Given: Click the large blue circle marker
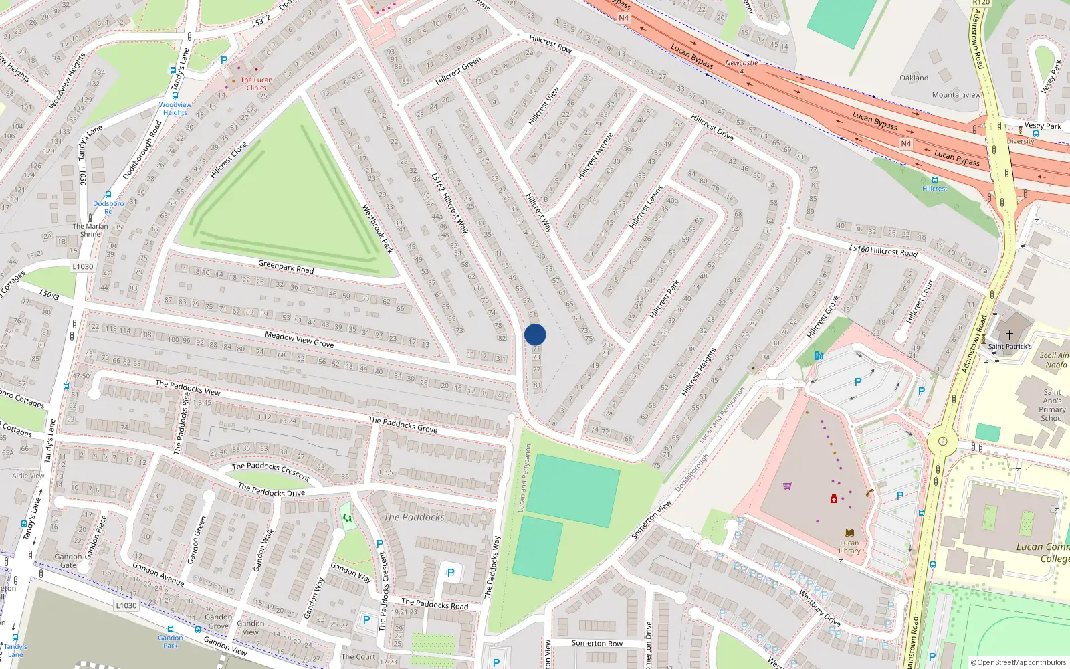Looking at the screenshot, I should coord(535,334).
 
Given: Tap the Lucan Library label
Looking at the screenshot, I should coord(849,547).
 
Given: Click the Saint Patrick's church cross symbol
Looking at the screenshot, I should coord(1009,334).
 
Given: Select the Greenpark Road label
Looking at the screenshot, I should coord(286,266).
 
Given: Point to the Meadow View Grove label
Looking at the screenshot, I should coord(299,339).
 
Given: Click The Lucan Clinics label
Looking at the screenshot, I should coord(256,84).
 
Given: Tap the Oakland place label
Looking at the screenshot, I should coord(914,78).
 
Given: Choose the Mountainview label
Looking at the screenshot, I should coord(956,95).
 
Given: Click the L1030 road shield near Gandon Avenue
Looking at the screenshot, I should coord(126,605).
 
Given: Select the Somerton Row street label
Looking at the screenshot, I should coord(597,643).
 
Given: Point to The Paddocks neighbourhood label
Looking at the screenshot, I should coord(413,517).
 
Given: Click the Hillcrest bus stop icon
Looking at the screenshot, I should coord(934,180).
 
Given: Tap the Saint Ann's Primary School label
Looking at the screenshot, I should coord(1052,405).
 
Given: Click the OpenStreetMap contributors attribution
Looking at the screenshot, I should coord(1018,662).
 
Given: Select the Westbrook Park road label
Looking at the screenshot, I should coord(378,229).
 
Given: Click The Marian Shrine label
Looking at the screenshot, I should coord(90,230).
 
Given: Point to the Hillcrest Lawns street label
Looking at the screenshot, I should coord(646,207).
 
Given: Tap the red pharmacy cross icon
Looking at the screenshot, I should coord(834,499).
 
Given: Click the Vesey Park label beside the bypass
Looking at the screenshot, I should coord(1043,126).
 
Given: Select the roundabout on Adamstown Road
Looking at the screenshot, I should coord(942,441).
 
